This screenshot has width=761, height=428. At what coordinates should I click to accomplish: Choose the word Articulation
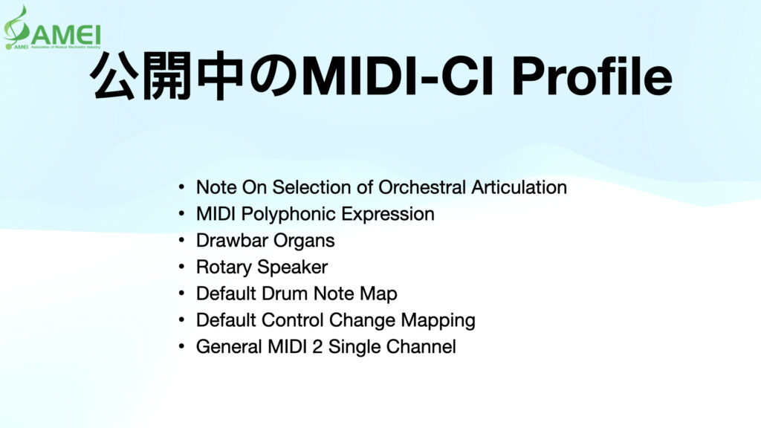point(519,187)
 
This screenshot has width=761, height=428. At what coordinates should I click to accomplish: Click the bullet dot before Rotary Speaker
point(183,267)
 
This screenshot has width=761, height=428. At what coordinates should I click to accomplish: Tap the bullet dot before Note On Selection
point(183,188)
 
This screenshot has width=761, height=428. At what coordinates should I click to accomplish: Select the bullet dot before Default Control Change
point(183,321)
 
